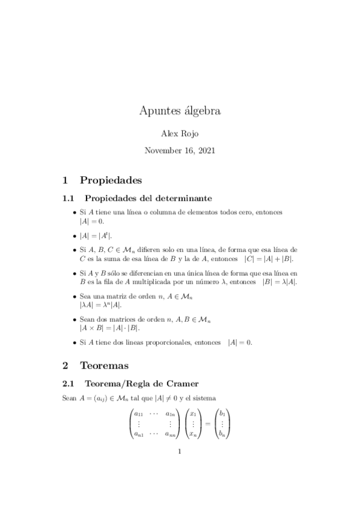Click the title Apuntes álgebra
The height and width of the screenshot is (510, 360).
[x=180, y=111]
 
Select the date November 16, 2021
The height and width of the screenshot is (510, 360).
[x=180, y=151]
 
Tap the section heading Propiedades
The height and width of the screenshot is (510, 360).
[x=111, y=179]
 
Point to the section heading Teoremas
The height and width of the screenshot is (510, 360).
[x=103, y=365]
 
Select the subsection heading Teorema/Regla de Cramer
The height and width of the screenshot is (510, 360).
[x=142, y=383]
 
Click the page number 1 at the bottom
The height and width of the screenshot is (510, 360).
[x=180, y=453]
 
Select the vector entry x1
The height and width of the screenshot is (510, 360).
[x=193, y=414]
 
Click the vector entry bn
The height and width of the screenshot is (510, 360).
[x=222, y=433]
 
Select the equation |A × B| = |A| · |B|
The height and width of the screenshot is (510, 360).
[x=109, y=328]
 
